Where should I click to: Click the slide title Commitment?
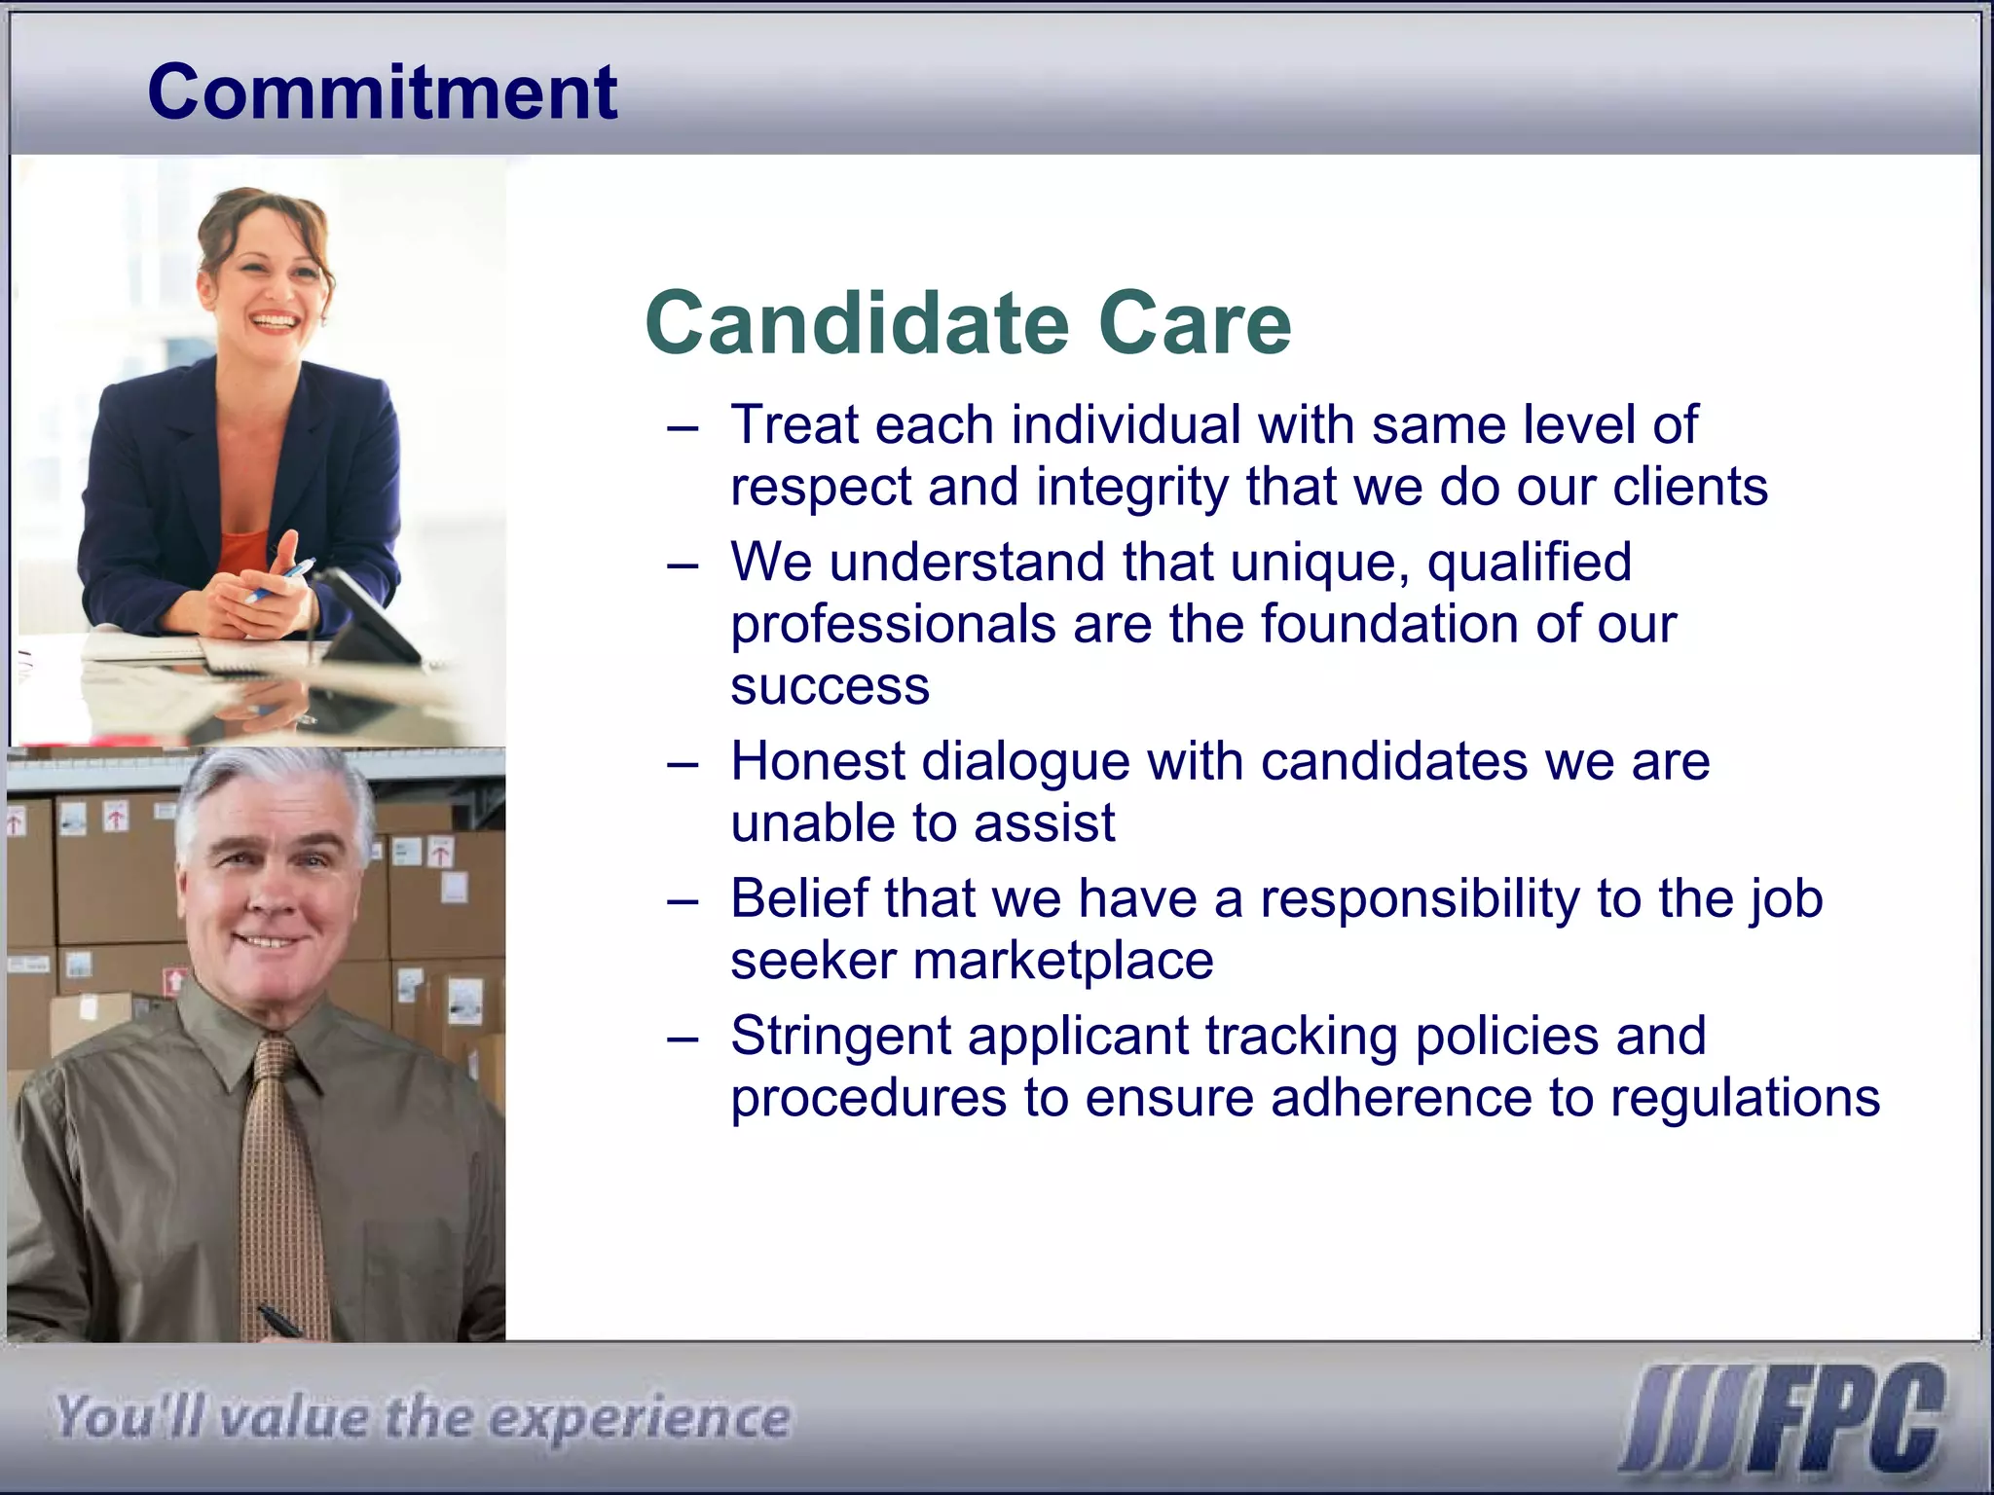[x=382, y=92]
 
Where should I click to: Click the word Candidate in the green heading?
[x=857, y=323]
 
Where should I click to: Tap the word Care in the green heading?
[x=1195, y=323]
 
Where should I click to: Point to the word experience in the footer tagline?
[x=640, y=1419]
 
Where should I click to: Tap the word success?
[x=830, y=686]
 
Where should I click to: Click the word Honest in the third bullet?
[x=818, y=761]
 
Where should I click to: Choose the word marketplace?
[x=1063, y=961]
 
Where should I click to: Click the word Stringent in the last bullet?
[x=840, y=1037]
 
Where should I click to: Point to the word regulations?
[x=1745, y=1098]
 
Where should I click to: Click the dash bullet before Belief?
[x=683, y=901]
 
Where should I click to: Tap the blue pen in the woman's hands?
[x=282, y=579]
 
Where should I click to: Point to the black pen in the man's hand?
[x=280, y=1322]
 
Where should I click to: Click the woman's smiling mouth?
[x=274, y=320]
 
